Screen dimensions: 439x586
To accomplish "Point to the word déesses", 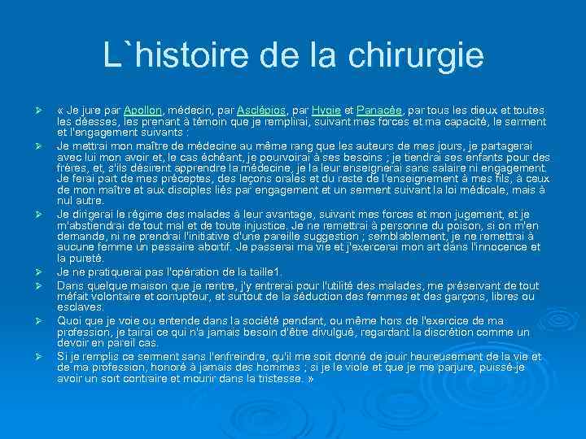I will [x=95, y=120].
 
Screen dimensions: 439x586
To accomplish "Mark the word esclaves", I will [x=81, y=306].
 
